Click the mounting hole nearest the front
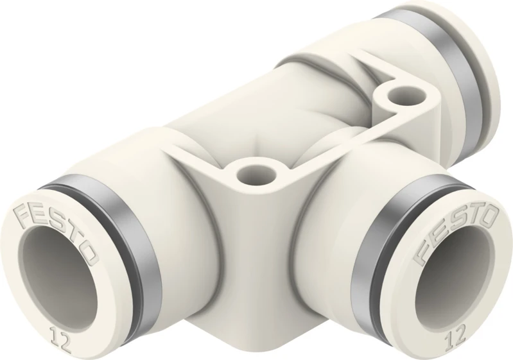tap(248, 173)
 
